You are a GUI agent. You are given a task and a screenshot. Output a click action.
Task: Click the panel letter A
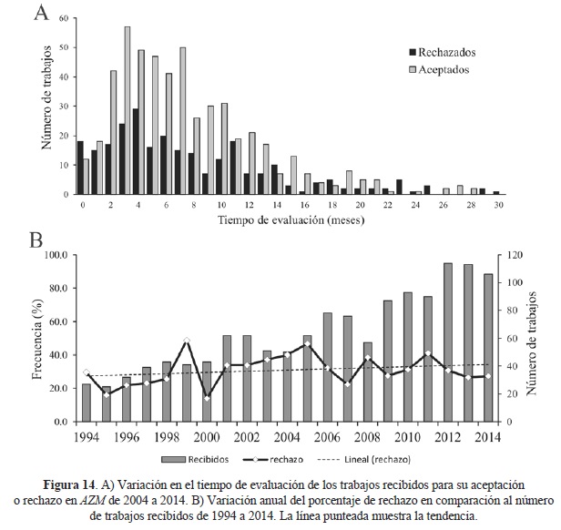[40, 14]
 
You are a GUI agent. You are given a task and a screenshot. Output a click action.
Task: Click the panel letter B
[39, 242]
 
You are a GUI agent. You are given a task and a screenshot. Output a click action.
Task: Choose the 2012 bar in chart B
[449, 342]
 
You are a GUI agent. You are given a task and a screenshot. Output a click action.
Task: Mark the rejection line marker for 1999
[187, 341]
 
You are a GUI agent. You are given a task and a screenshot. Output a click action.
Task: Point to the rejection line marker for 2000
[206, 398]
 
